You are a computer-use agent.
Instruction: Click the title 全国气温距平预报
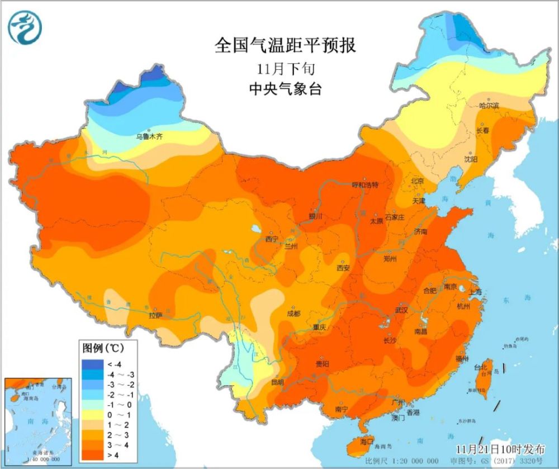[285, 45]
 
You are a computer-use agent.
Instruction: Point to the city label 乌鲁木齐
[149, 136]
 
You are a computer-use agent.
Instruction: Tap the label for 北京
[417, 181]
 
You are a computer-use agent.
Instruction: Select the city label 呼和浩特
[365, 185]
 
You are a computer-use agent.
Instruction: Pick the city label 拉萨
[155, 316]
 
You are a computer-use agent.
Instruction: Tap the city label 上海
[460, 291]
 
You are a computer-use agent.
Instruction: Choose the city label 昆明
[278, 382]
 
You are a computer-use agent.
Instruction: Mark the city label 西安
[343, 268]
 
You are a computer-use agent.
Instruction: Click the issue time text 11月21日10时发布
[500, 449]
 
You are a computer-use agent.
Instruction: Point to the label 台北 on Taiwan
[480, 367]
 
